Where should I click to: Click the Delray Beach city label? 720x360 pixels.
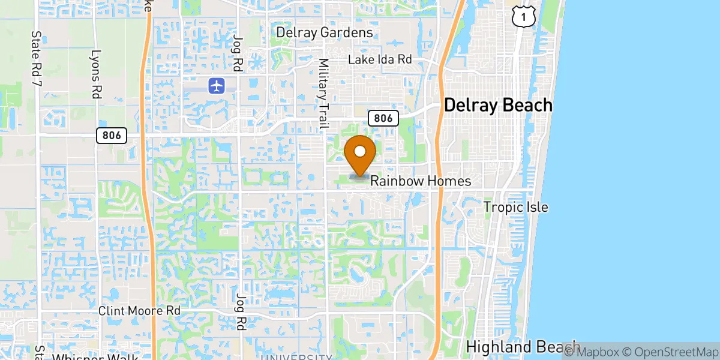point(497,106)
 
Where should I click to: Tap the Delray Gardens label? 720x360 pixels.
point(325,32)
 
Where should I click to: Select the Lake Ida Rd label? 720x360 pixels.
point(381,60)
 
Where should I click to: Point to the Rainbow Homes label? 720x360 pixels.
point(420,181)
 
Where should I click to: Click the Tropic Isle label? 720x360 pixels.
point(516,208)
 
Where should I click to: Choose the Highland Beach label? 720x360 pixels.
point(522,347)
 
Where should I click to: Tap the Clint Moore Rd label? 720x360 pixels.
point(139,311)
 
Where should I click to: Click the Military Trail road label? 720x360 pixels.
point(324,94)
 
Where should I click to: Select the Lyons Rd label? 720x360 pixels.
point(95,74)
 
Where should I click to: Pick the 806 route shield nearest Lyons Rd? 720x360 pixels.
point(111,136)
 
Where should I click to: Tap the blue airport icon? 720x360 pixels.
point(216,86)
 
